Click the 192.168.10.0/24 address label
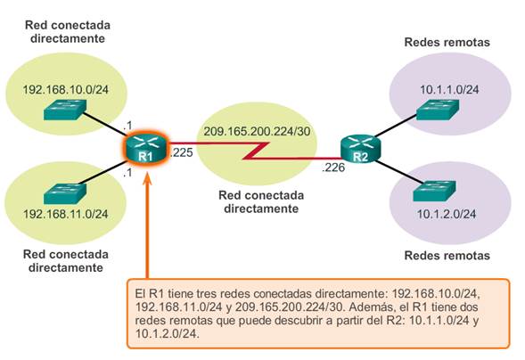point(62,90)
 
